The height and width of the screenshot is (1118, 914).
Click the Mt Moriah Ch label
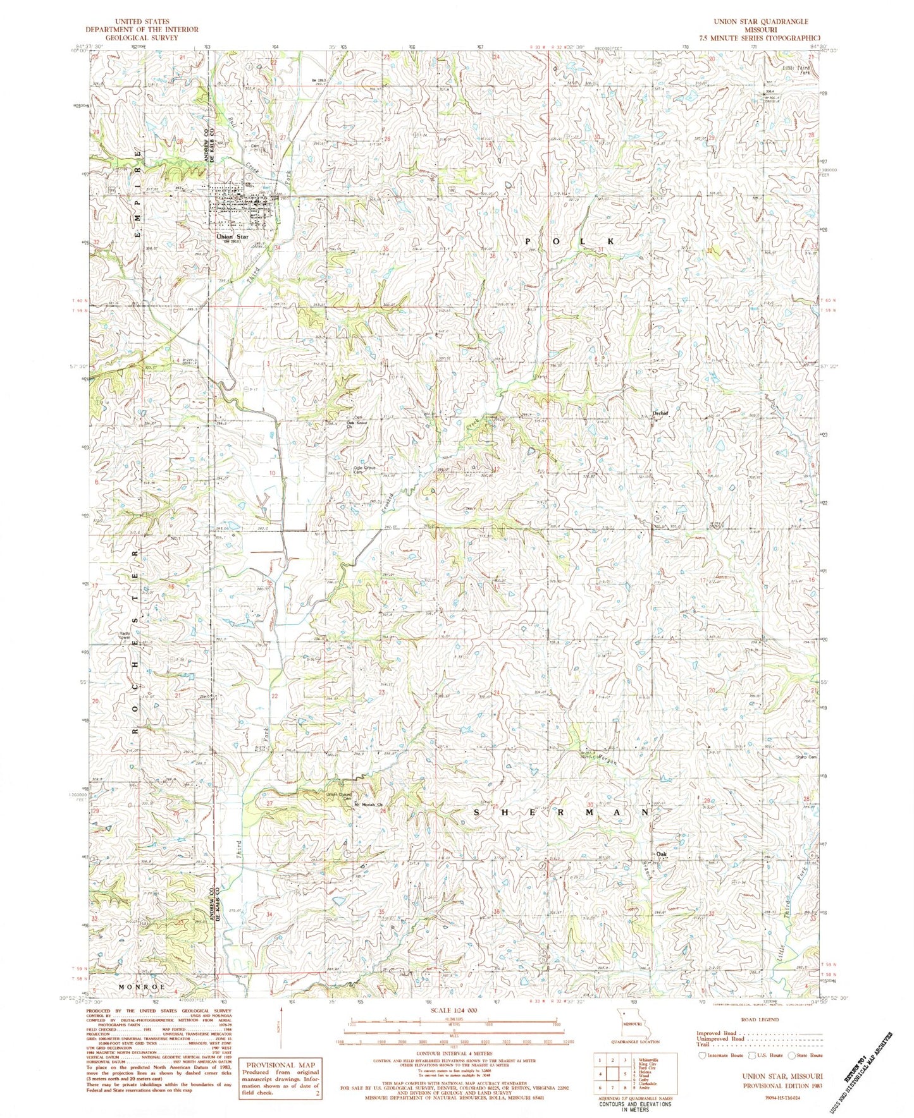point(369,805)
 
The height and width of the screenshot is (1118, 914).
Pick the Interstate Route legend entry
point(720,1055)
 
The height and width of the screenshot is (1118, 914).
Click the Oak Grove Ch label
point(358,424)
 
